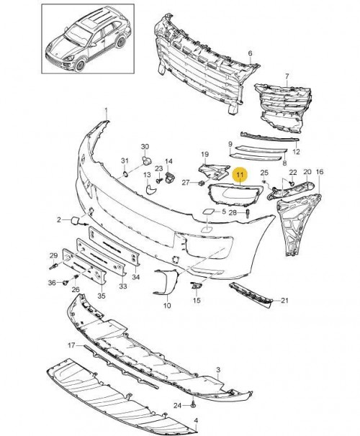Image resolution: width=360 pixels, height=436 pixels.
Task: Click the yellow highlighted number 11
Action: [240, 175]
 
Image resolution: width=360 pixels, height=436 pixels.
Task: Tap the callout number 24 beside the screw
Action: [177, 406]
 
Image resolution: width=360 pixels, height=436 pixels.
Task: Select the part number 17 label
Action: [71, 345]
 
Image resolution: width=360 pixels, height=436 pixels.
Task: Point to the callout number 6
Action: [250, 53]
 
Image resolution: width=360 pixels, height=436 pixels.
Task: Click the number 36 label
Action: [52, 283]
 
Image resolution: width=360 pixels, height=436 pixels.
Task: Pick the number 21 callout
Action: [284, 300]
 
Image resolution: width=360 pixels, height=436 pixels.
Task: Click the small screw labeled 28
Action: [248, 214]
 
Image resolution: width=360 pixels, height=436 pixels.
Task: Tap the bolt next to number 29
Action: [53, 267]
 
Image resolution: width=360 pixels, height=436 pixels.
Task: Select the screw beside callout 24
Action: [193, 405]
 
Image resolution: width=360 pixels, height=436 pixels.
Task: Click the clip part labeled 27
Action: [202, 183]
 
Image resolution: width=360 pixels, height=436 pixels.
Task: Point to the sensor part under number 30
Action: [146, 160]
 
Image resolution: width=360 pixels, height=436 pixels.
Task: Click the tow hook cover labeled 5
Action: [207, 212]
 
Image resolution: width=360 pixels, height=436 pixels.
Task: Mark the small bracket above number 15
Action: [197, 285]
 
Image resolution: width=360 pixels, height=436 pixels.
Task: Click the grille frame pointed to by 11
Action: [235, 195]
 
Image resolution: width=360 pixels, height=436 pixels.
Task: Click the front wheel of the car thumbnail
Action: [80, 65]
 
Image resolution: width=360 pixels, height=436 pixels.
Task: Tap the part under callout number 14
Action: [169, 178]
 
